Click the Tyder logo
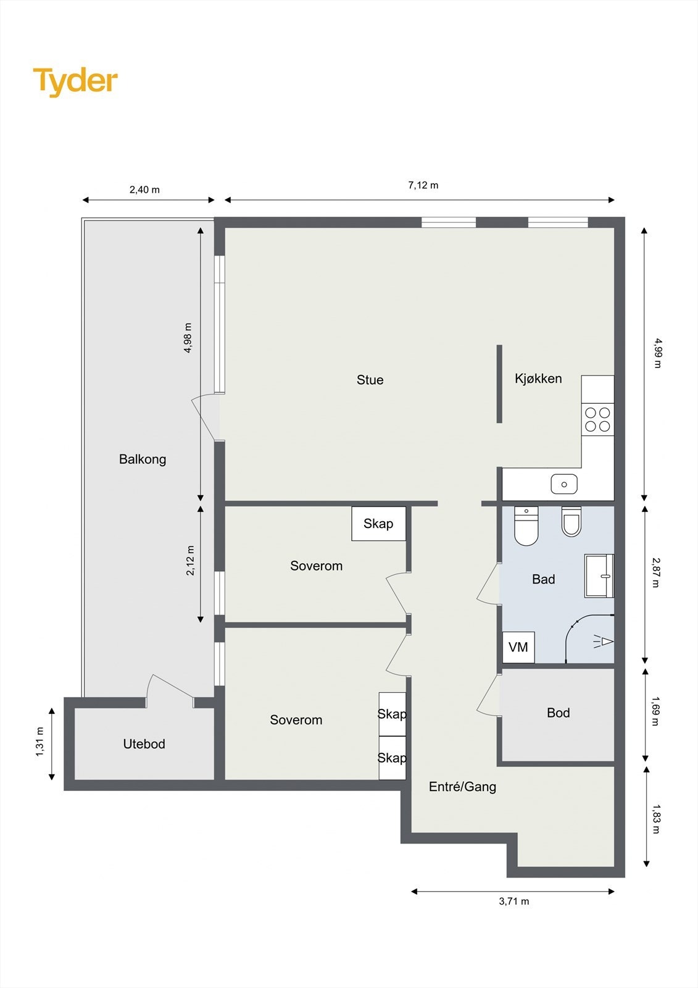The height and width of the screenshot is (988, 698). point(75,82)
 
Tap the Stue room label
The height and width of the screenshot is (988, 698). point(370,380)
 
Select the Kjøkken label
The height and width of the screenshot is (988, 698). point(538,379)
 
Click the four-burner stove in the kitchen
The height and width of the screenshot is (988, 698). point(597,419)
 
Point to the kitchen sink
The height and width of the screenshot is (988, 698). point(564,484)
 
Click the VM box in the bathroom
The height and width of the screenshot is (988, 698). point(518,647)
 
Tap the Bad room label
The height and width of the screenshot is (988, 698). point(543,579)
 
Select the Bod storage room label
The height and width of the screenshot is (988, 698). point(559,713)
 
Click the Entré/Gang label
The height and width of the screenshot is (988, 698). point(462,787)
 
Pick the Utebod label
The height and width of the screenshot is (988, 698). point(144,744)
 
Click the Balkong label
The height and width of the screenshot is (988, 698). point(143,459)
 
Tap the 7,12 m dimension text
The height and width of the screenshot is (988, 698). point(423,185)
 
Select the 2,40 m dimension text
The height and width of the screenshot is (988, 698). point(144,190)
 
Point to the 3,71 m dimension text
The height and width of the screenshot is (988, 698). point(514,901)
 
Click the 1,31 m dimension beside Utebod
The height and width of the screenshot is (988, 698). point(40,742)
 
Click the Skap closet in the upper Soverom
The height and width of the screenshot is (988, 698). point(378,524)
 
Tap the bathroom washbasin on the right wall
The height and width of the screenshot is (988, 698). point(599,576)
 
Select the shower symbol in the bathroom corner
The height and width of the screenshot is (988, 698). point(590,640)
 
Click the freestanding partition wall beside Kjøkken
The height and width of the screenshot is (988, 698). point(499,383)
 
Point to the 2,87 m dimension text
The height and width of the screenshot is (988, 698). point(656,572)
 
